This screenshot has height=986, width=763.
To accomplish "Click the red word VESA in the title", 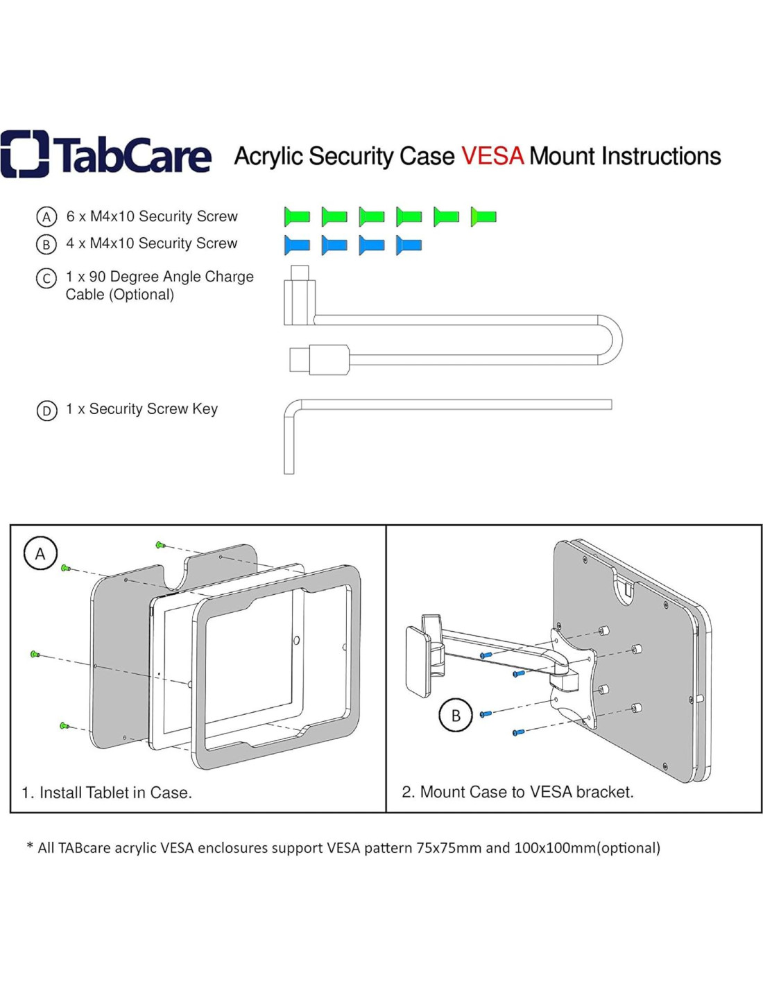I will point(492,156).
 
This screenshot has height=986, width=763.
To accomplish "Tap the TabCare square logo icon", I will point(25,154).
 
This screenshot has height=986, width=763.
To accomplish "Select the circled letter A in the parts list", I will point(46,217).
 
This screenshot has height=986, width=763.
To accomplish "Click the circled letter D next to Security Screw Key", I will point(46,410).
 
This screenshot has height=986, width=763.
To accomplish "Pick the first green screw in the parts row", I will point(297,217).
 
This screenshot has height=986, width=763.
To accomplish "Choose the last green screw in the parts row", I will point(483,217).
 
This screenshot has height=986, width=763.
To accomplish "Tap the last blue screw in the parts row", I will point(409,245).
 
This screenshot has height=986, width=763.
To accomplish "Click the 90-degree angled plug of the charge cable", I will point(300,298).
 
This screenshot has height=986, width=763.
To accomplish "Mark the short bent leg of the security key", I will point(289,444).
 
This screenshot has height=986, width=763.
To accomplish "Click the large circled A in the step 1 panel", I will point(40,553).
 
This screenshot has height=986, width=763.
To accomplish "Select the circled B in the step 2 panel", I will point(456,716).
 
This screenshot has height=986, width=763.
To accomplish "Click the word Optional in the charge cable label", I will point(142,295).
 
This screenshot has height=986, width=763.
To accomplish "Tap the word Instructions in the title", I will point(661,156).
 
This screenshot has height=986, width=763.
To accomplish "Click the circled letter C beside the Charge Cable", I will point(46,279).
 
